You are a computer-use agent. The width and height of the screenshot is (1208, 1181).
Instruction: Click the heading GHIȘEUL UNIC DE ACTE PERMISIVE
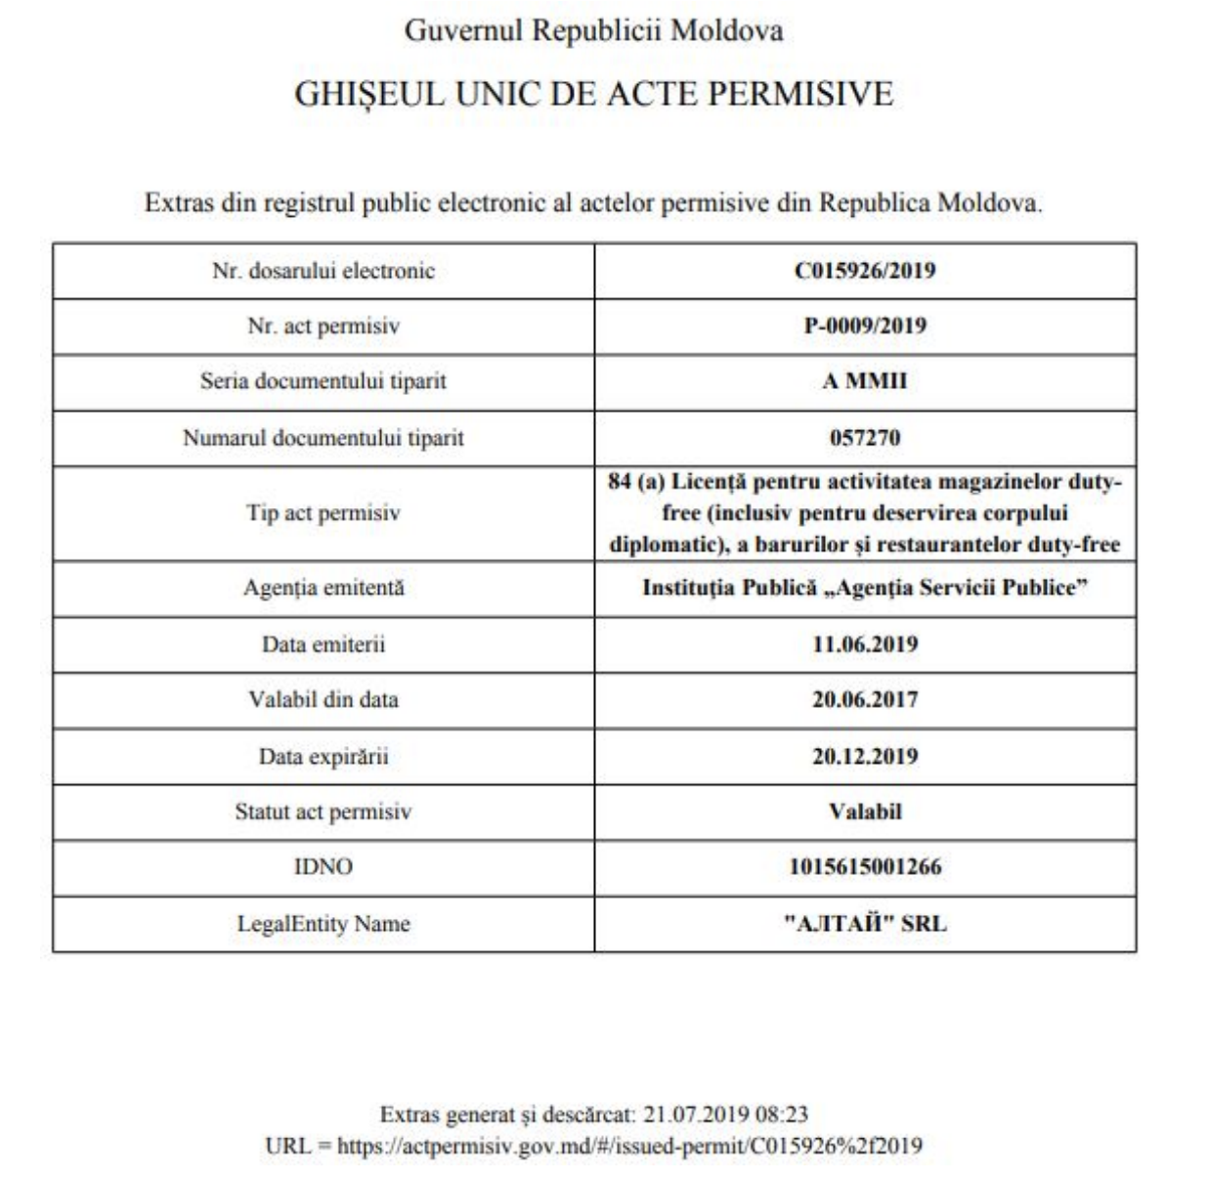[x=594, y=94]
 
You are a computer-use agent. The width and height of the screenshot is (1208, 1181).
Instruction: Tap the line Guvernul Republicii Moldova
[x=594, y=30]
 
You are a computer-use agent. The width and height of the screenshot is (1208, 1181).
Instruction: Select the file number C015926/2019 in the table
[x=865, y=271]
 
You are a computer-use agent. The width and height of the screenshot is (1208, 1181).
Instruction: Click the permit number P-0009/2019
[x=865, y=326]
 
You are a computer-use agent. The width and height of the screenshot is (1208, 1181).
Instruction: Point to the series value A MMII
[x=865, y=381]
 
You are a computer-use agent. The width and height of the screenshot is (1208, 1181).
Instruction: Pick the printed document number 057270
[x=865, y=437]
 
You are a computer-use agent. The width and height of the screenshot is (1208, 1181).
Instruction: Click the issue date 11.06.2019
[x=865, y=644]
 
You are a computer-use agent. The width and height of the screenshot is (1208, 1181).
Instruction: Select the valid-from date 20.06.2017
[x=865, y=700]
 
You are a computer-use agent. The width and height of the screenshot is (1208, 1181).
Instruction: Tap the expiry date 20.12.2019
[x=865, y=756]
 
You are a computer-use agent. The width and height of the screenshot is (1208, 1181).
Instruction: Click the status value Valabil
[x=865, y=811]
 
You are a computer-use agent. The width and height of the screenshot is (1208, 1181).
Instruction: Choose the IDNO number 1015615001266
[x=865, y=867]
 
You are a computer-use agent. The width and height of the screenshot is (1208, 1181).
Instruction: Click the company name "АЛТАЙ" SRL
[x=865, y=924]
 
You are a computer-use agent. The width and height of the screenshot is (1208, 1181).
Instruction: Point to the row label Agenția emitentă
[x=324, y=589]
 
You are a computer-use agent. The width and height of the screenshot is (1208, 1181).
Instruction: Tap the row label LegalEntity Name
[x=324, y=924]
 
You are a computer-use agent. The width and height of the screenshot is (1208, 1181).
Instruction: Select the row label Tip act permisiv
[x=324, y=513]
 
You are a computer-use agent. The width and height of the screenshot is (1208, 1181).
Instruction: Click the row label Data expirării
[x=324, y=756]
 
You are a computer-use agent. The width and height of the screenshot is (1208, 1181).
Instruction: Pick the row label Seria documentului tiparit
[x=324, y=381]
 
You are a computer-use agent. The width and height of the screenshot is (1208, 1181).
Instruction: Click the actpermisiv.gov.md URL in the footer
[x=629, y=1146]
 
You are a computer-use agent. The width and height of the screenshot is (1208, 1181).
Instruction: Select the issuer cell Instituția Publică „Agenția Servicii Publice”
[x=865, y=589]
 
